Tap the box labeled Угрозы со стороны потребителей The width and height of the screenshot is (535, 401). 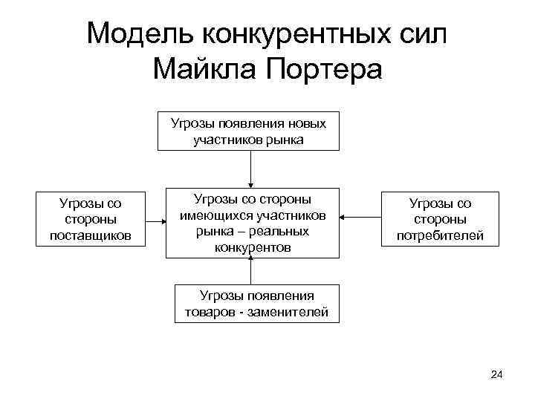click(x=438, y=219)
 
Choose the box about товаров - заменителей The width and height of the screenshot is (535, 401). click(x=256, y=304)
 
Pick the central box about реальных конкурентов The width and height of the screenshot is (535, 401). click(x=252, y=222)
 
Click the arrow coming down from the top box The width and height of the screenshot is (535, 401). click(x=252, y=168)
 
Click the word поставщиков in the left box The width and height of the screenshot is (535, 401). click(x=90, y=235)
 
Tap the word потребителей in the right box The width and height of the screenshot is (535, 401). click(x=438, y=235)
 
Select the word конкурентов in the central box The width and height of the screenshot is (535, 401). click(x=252, y=247)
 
